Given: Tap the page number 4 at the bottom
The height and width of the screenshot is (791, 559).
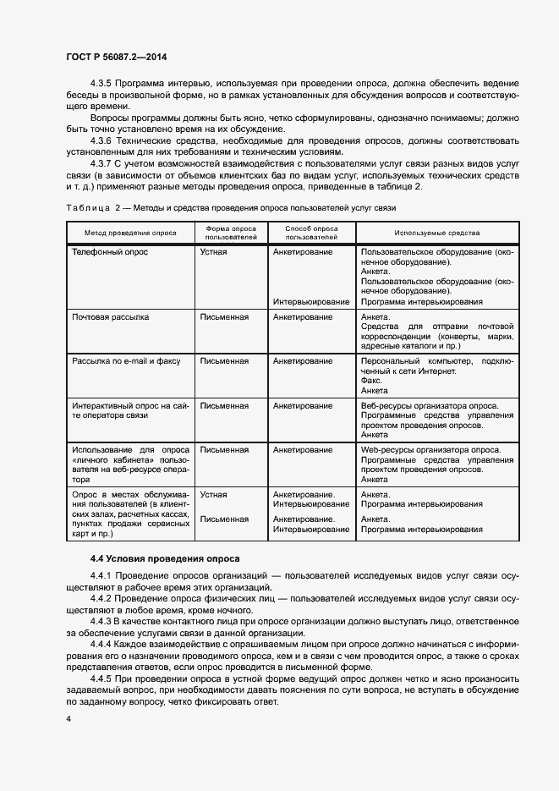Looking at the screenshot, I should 69,718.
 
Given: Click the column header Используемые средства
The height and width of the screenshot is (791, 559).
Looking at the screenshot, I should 437,233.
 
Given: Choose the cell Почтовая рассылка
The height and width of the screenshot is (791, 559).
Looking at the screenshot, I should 111,317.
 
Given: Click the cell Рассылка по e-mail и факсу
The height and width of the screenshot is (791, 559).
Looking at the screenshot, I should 126,360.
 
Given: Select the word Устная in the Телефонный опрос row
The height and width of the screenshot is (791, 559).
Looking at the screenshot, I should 213,252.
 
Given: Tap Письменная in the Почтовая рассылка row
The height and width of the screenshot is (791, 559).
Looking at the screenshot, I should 224,317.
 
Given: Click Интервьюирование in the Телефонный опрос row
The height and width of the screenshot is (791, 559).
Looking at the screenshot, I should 311,301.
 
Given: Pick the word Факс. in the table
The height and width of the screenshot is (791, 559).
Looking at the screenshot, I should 370,381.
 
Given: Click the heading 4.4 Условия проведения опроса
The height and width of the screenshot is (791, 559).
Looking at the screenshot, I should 165,558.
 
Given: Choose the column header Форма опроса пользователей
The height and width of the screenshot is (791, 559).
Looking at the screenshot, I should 232,233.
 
